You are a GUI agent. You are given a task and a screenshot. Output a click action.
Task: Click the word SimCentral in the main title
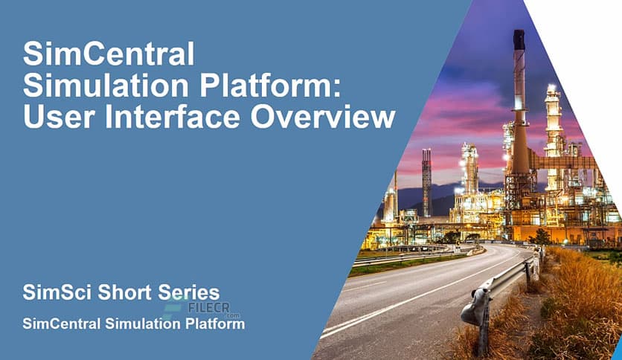click(x=109, y=55)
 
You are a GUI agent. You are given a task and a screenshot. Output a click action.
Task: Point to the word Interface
click(x=186, y=118)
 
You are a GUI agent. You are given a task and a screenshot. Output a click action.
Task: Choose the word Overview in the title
click(x=332, y=118)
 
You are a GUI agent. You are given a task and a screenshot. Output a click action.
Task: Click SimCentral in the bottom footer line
click(x=64, y=324)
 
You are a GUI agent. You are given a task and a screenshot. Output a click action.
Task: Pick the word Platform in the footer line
click(x=215, y=324)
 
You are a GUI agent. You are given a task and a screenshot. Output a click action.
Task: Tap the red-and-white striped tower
click(x=426, y=182)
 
